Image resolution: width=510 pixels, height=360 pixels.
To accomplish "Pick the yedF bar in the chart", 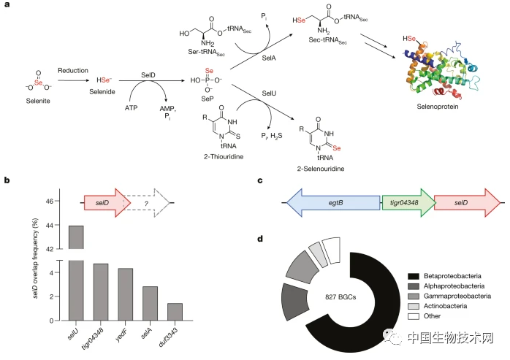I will [126, 294].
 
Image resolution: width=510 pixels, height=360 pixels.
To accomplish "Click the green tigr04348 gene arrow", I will [407, 202].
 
